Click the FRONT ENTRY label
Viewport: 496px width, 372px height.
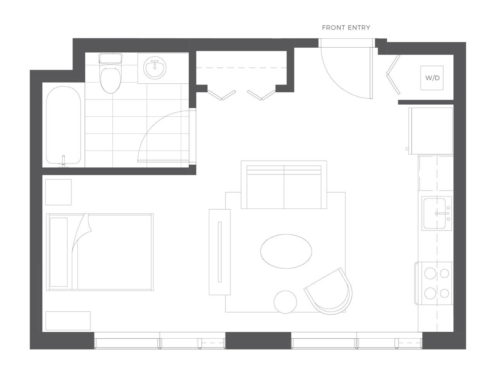(x=346, y=28)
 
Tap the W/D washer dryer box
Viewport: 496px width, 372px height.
(x=432, y=78)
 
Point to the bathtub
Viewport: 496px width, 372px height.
(x=64, y=127)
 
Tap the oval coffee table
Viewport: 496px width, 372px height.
(x=286, y=251)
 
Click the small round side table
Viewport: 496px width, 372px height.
(x=286, y=301)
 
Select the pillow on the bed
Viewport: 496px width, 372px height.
(x=59, y=252)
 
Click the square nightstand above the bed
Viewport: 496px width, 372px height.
(x=59, y=192)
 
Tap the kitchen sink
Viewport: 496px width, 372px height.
(x=434, y=214)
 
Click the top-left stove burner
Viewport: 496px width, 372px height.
(x=430, y=274)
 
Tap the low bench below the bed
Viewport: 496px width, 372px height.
(x=68, y=320)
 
